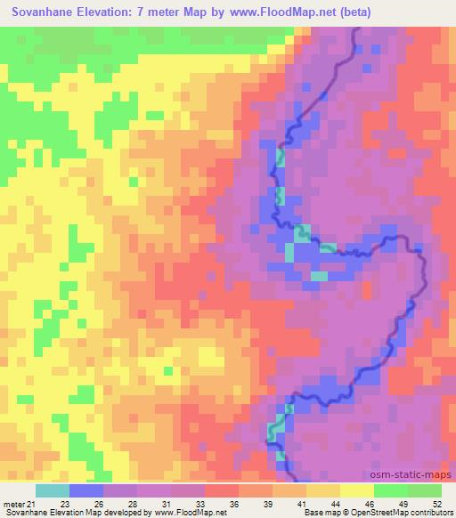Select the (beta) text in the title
352,12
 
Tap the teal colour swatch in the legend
53,490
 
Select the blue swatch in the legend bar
86,490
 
